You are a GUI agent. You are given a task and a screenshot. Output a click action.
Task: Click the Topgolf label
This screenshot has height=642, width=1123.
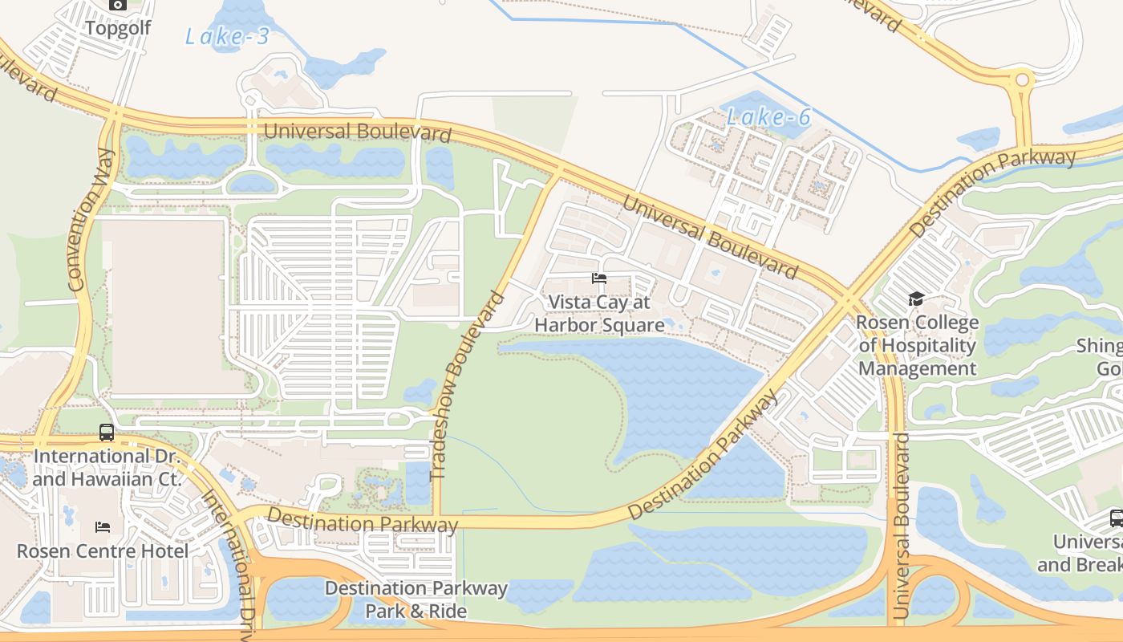pyautogui.click(x=118, y=28)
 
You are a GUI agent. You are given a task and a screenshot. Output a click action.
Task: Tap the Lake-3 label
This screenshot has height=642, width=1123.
pyautogui.click(x=227, y=36)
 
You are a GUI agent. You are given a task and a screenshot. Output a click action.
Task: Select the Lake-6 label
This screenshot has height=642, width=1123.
pyautogui.click(x=768, y=117)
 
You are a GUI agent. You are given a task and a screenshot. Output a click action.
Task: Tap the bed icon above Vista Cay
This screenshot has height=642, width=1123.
pyautogui.click(x=599, y=279)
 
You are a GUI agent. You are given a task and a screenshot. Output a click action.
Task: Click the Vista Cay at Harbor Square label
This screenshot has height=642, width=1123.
pyautogui.click(x=599, y=314)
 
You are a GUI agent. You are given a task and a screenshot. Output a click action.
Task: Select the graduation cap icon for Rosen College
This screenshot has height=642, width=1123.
pyautogui.click(x=916, y=299)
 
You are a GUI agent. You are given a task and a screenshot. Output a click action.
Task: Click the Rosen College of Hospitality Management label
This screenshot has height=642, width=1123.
pyautogui.click(x=917, y=346)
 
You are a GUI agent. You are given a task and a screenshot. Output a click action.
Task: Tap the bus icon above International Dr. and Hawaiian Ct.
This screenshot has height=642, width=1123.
pyautogui.click(x=107, y=433)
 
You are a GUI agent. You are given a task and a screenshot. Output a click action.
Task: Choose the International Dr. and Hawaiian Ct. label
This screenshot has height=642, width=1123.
pyautogui.click(x=107, y=467)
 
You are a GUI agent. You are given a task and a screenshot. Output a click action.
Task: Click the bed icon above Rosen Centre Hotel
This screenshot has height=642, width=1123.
pyautogui.click(x=103, y=527)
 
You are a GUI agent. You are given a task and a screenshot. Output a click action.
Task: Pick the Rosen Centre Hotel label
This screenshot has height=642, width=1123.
pyautogui.click(x=103, y=551)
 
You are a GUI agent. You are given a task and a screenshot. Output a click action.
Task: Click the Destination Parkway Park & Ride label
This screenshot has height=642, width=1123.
pyautogui.click(x=416, y=599)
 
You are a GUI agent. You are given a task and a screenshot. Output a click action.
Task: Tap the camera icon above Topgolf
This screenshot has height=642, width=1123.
pyautogui.click(x=118, y=5)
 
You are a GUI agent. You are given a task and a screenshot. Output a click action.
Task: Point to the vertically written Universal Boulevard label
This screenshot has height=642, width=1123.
pyautogui.click(x=900, y=526)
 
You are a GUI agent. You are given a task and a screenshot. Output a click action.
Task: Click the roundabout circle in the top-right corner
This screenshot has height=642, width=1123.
pyautogui.click(x=1022, y=80)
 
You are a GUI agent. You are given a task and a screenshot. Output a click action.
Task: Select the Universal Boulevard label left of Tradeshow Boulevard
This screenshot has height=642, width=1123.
pyautogui.click(x=357, y=131)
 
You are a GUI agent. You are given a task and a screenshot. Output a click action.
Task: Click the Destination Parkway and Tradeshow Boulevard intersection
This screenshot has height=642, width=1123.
pyautogui.click(x=437, y=521)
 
